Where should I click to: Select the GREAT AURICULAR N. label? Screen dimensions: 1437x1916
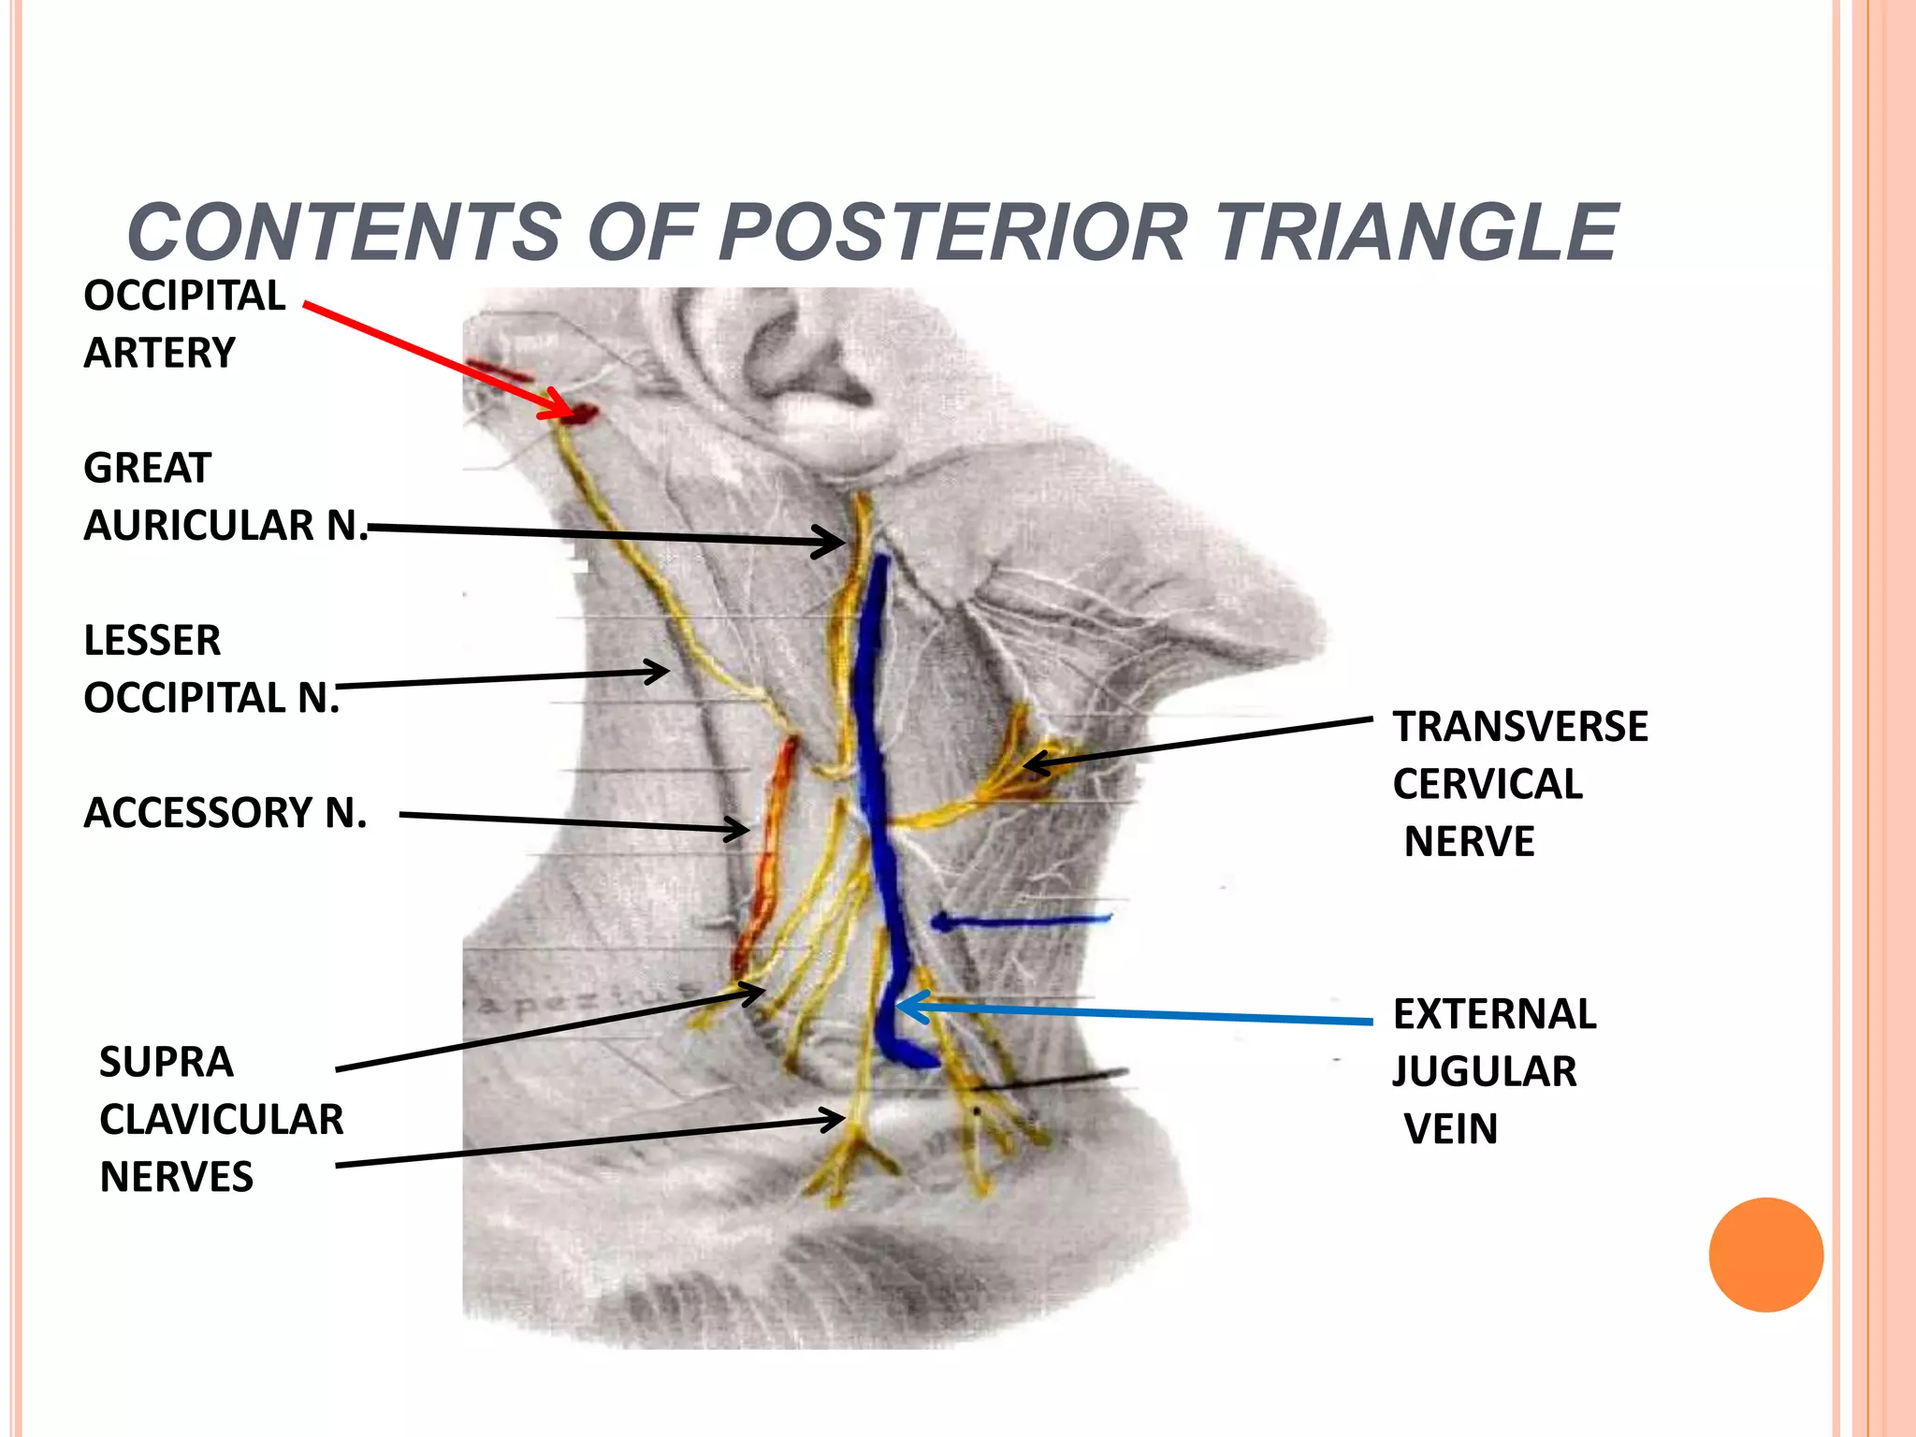tap(225, 497)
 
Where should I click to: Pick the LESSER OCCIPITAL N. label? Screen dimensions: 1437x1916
tap(210, 669)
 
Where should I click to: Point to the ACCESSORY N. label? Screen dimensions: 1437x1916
tap(225, 812)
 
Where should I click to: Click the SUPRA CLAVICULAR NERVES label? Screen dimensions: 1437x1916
tap(221, 1119)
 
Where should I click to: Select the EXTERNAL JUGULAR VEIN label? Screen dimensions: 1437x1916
tap(1493, 1070)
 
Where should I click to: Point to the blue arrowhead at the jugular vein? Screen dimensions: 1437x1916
tap(907, 1007)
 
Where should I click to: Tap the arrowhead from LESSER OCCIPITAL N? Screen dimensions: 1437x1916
tap(660, 671)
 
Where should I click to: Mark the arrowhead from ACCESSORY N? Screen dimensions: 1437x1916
tap(740, 828)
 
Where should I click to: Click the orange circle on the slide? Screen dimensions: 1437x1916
tap(1765, 1255)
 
